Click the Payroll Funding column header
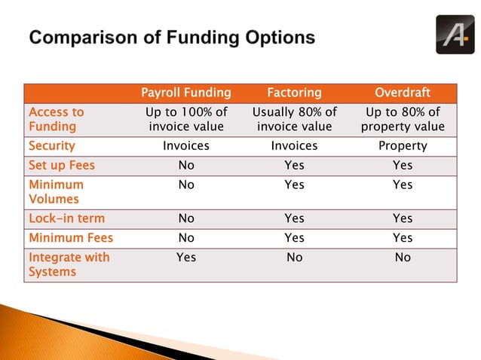(185, 93)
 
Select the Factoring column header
(294, 93)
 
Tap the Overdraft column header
(403, 93)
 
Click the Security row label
(51, 145)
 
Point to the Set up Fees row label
(62, 165)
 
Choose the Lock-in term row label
(66, 218)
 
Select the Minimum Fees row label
(70, 238)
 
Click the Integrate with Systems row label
(69, 264)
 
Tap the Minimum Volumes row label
(56, 191)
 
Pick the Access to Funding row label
(56, 119)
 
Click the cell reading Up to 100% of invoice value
(185, 119)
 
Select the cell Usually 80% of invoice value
(294, 119)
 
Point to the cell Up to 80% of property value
(403, 119)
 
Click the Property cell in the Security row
(403, 145)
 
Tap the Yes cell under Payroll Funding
(185, 258)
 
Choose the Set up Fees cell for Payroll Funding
(185, 165)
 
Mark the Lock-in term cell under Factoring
(294, 218)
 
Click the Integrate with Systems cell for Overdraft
(403, 258)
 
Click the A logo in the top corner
(455, 34)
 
